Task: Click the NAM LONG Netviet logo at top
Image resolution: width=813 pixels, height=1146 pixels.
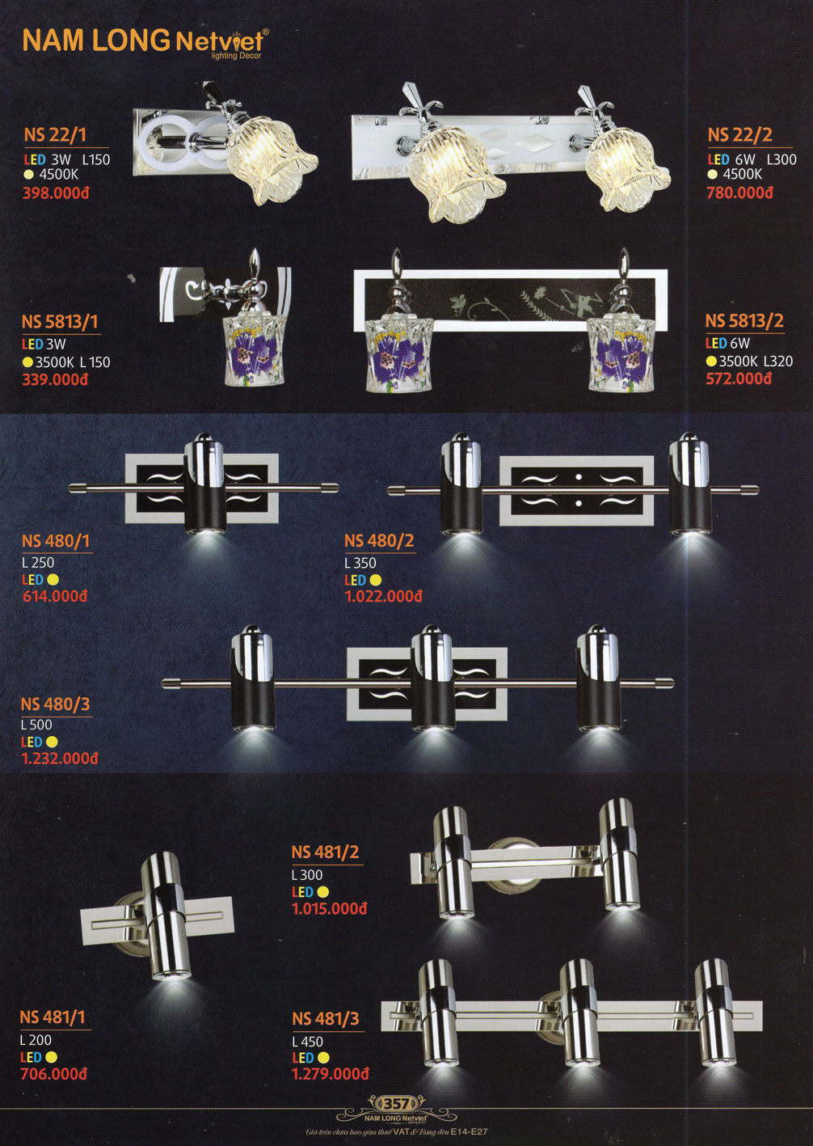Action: click(145, 42)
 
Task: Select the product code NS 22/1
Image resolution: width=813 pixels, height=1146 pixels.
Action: click(55, 134)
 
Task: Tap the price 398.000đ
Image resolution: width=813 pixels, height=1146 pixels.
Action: click(56, 192)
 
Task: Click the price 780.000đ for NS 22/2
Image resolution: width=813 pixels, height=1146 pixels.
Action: click(739, 192)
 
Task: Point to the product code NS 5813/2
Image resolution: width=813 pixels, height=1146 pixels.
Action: click(744, 321)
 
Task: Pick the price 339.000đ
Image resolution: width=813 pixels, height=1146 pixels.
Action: click(55, 379)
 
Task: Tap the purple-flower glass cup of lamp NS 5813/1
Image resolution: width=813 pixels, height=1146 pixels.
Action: click(255, 350)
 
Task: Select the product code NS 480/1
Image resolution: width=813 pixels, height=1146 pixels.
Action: click(56, 541)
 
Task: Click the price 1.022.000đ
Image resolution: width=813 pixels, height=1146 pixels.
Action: click(384, 597)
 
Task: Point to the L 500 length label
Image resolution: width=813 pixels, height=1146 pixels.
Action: click(36, 725)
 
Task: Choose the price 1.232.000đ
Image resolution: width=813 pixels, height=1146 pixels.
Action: click(59, 758)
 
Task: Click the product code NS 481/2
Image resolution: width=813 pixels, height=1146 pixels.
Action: click(325, 852)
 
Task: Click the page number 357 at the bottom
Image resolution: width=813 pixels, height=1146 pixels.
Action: click(395, 1103)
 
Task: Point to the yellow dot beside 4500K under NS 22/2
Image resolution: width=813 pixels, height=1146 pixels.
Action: click(712, 175)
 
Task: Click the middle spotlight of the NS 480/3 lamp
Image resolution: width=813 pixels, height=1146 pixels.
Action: click(432, 679)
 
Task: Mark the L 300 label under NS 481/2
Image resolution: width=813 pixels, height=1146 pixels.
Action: click(307, 875)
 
